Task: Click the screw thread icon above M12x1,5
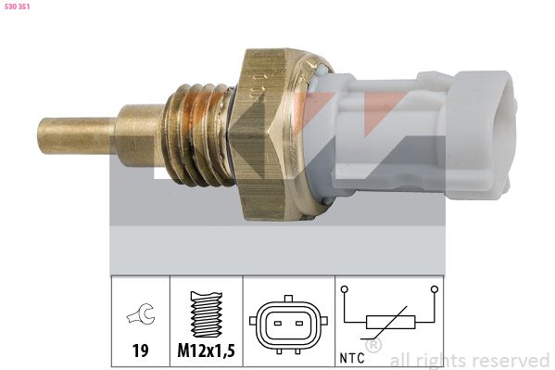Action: [x=207, y=316]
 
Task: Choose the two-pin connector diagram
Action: [x=286, y=325]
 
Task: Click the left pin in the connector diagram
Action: [x=277, y=325]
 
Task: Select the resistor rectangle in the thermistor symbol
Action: [x=387, y=323]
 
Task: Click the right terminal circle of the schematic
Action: [x=434, y=290]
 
